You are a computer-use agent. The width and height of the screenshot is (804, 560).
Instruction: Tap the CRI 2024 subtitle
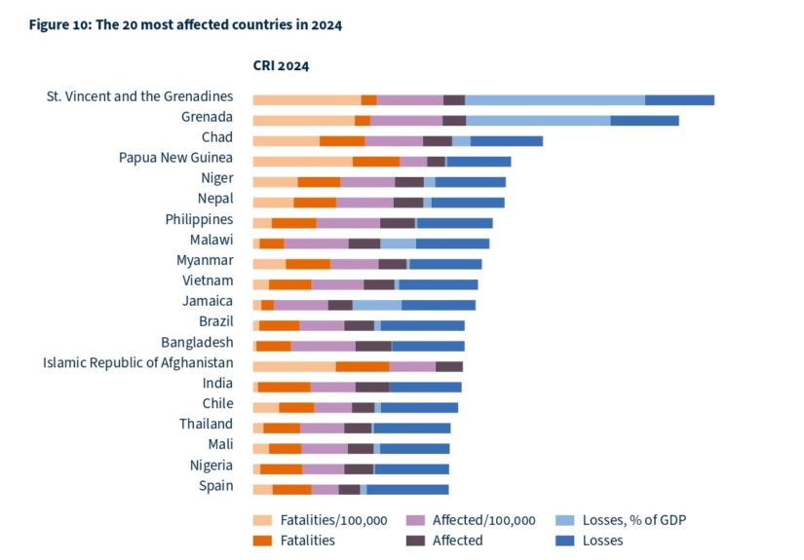[x=274, y=66]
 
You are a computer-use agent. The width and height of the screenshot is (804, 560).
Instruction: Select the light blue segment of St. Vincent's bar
[x=555, y=99]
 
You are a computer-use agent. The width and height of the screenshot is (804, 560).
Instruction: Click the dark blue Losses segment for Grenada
[x=644, y=121]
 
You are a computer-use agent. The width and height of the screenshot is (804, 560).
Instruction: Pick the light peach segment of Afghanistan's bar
[x=293, y=366]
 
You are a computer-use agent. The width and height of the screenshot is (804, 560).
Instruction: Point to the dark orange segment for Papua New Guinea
[x=375, y=162]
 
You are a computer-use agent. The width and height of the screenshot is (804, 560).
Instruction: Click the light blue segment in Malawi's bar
[x=398, y=243]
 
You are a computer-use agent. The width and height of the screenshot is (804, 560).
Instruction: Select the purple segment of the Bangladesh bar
[x=323, y=346]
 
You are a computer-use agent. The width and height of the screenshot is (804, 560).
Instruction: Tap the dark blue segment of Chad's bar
[x=506, y=141]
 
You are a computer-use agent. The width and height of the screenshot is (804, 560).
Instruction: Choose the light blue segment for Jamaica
[x=376, y=305]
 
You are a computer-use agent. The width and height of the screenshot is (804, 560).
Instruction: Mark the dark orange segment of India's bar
[x=284, y=387]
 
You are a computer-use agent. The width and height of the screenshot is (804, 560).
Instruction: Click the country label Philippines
[x=199, y=219]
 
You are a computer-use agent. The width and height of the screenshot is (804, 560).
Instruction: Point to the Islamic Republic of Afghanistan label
[x=137, y=362]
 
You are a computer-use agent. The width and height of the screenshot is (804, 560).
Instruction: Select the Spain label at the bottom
[x=215, y=485]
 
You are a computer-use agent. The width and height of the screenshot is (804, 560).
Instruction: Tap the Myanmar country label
[x=205, y=260]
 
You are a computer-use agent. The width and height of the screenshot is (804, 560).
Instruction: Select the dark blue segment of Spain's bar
[x=407, y=489]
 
